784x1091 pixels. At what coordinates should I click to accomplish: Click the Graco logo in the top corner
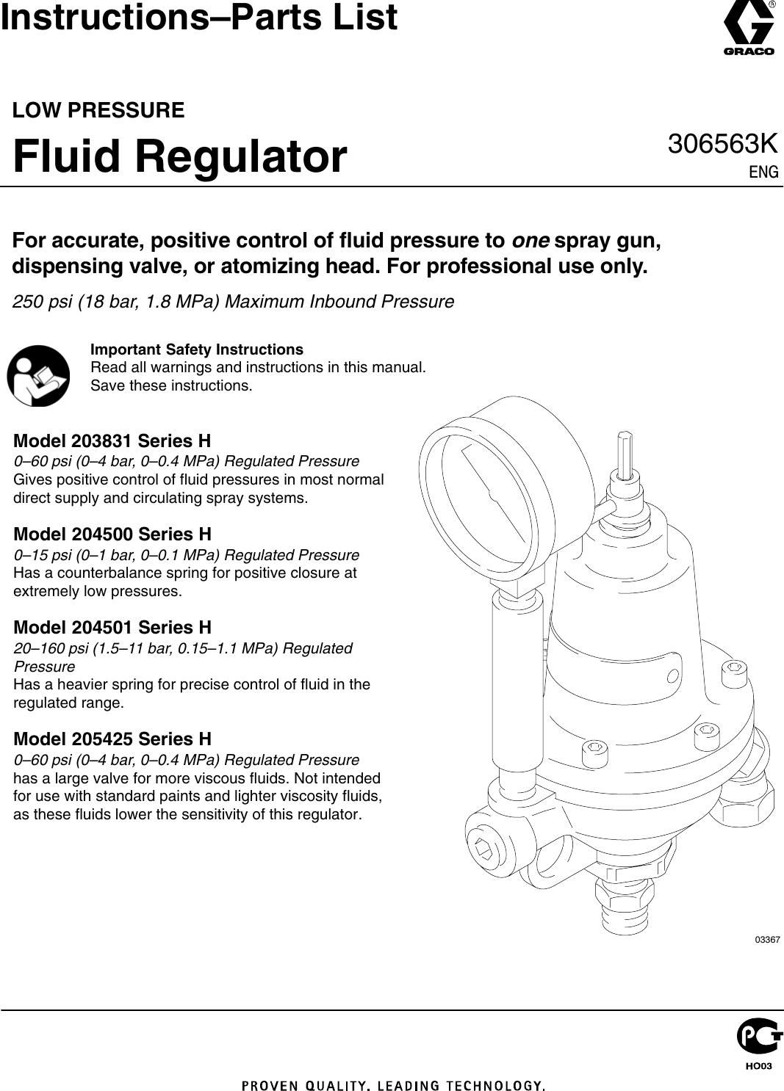[x=749, y=29]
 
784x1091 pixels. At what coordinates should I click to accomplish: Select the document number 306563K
[x=722, y=144]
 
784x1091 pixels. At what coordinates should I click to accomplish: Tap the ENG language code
[x=763, y=172]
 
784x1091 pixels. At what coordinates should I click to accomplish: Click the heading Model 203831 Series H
[x=112, y=441]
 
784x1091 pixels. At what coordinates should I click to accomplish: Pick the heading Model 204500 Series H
[x=112, y=534]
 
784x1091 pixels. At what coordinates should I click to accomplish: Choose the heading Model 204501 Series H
[x=112, y=628]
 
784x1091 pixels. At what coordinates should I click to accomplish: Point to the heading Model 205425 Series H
[x=112, y=739]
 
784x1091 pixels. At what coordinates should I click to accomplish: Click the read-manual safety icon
[x=38, y=376]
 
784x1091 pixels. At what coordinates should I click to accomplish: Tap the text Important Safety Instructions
[x=196, y=349]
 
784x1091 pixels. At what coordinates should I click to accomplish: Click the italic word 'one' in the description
[x=531, y=241]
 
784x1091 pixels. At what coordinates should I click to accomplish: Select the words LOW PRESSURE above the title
[x=98, y=110]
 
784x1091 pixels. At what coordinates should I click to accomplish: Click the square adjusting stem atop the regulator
[x=625, y=454]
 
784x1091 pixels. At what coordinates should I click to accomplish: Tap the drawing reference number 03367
[x=767, y=940]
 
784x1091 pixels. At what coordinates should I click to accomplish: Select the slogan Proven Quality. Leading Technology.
[x=393, y=1085]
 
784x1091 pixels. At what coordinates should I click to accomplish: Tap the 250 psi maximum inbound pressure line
[x=233, y=302]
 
